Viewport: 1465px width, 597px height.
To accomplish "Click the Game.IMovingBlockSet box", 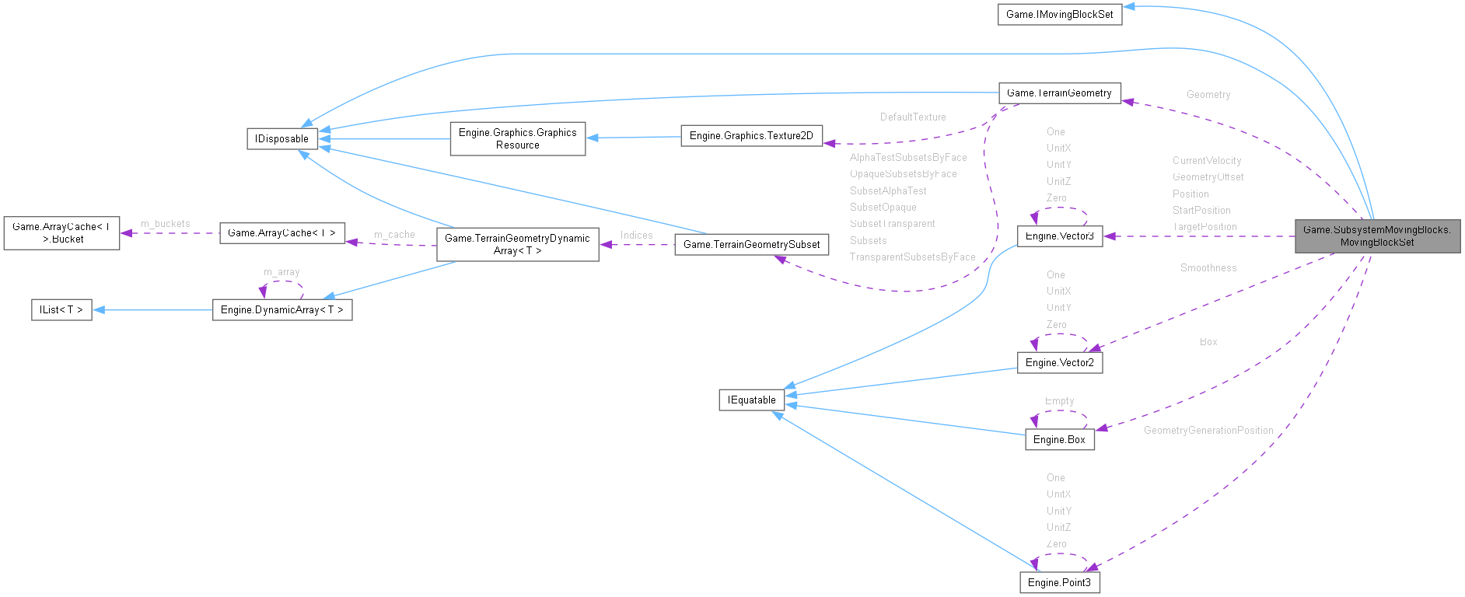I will [1059, 15].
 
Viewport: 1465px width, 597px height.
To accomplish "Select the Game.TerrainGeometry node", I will [1059, 93].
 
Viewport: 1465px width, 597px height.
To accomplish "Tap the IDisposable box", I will [281, 139].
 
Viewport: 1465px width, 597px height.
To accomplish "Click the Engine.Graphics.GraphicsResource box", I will [517, 139].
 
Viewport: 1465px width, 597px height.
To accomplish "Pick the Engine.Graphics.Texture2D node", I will [751, 136].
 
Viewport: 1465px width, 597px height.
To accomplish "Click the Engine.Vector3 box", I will [1059, 236].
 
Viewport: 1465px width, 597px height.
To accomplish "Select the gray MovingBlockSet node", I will [1376, 236].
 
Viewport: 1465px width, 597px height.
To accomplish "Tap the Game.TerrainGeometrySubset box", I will [751, 245].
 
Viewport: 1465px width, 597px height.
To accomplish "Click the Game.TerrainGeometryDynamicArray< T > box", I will [517, 245].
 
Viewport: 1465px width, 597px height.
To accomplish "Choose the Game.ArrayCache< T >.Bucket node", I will [61, 233].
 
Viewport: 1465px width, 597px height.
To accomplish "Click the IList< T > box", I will [61, 310].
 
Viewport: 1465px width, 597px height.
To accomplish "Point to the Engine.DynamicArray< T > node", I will [281, 310].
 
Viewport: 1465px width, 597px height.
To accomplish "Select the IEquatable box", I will [751, 400].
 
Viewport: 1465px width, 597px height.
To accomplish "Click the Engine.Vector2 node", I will [1059, 363].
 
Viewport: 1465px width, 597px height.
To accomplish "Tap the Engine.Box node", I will [1059, 440].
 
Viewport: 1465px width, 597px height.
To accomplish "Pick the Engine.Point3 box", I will [1059, 583].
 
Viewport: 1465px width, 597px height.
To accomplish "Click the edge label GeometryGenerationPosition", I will [1208, 431].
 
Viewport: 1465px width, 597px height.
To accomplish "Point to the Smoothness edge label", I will [1208, 268].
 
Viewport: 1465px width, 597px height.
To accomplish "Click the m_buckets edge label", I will [165, 224].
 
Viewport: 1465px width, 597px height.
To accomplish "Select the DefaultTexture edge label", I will [913, 117].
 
